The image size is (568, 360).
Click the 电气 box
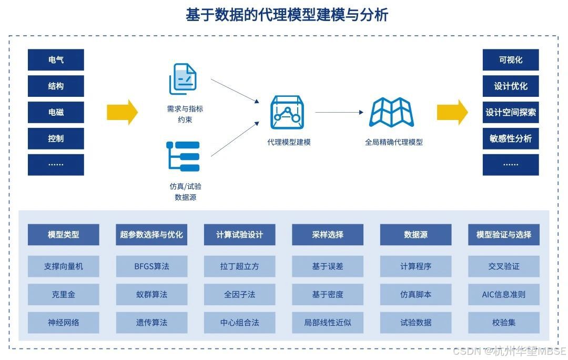point(56,60)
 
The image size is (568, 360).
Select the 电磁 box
point(56,112)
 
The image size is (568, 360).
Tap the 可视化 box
point(511,60)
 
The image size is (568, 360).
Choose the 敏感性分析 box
point(511,138)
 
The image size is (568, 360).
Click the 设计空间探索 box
point(511,112)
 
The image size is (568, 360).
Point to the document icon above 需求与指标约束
point(183,79)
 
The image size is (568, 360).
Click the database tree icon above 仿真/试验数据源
point(183,156)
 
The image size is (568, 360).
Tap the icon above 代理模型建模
point(288,112)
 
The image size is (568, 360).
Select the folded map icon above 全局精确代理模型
point(392,112)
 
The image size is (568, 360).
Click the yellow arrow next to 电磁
point(122,112)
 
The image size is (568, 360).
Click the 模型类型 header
point(63,235)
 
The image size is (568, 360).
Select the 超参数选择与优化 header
point(151,235)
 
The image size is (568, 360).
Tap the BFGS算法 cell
point(151,266)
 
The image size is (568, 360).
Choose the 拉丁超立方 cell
point(239,266)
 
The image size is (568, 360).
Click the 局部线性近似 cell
point(328,323)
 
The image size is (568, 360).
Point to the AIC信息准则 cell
point(504,294)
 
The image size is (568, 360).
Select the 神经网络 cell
point(63,323)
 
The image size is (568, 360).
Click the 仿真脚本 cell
point(415,294)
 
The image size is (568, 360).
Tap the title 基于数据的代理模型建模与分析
point(287,15)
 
